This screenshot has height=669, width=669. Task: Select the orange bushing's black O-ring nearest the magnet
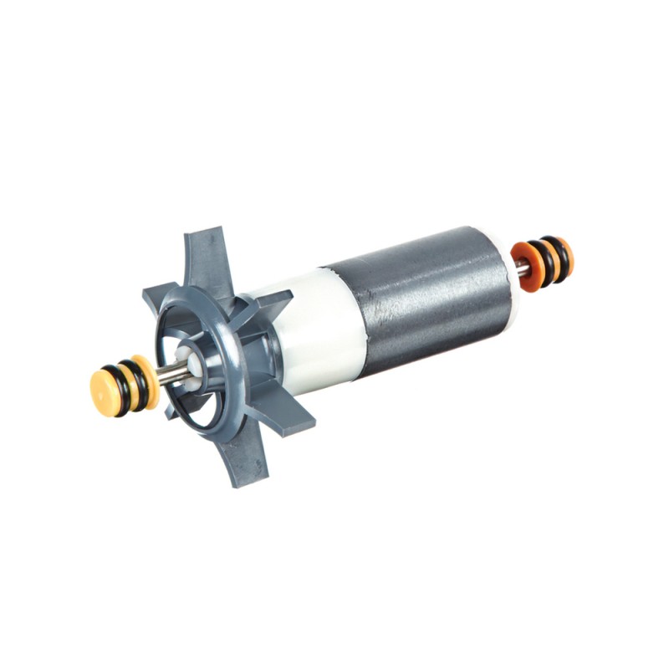pos(539,260)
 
